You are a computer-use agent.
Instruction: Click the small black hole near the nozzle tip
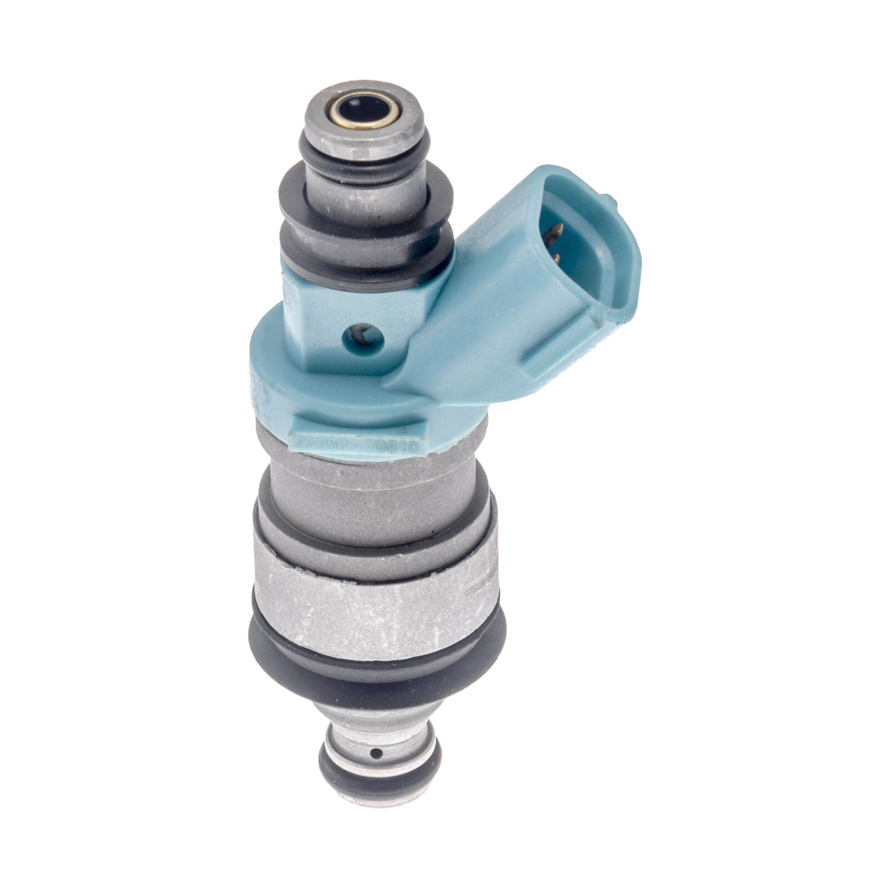pos(377,753)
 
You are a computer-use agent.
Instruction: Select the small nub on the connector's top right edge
pos(610,200)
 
